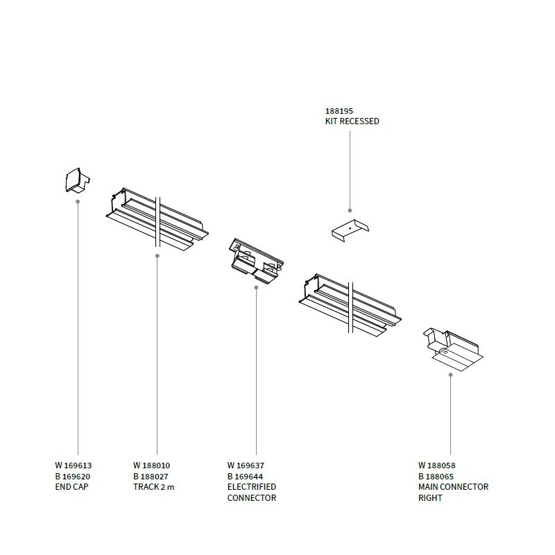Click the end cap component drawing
pyautogui.click(x=78, y=180)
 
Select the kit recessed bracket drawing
pyautogui.click(x=350, y=230)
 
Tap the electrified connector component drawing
pyautogui.click(x=256, y=261)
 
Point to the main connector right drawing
pyautogui.click(x=453, y=350)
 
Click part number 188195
pyautogui.click(x=339, y=111)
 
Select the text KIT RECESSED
pyautogui.click(x=352, y=121)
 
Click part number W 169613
pyautogui.click(x=74, y=466)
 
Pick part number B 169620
pyautogui.click(x=73, y=477)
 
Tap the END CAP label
pyautogui.click(x=71, y=487)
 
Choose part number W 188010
pyautogui.click(x=151, y=466)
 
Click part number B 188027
pyautogui.click(x=151, y=477)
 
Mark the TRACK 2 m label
pyautogui.click(x=153, y=487)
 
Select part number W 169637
pyautogui.click(x=246, y=466)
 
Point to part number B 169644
pyautogui.click(x=245, y=477)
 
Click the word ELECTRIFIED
pyautogui.click(x=252, y=487)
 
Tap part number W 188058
pyautogui.click(x=437, y=466)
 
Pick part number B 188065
pyautogui.click(x=436, y=477)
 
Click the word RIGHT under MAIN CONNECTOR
pyautogui.click(x=430, y=497)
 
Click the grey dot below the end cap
pyautogui.click(x=78, y=201)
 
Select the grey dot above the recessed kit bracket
pyautogui.click(x=350, y=211)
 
